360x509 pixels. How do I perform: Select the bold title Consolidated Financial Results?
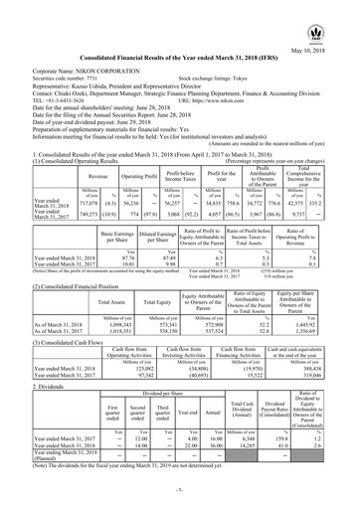click(x=180, y=37)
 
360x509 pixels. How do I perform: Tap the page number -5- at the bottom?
click(x=180, y=493)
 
